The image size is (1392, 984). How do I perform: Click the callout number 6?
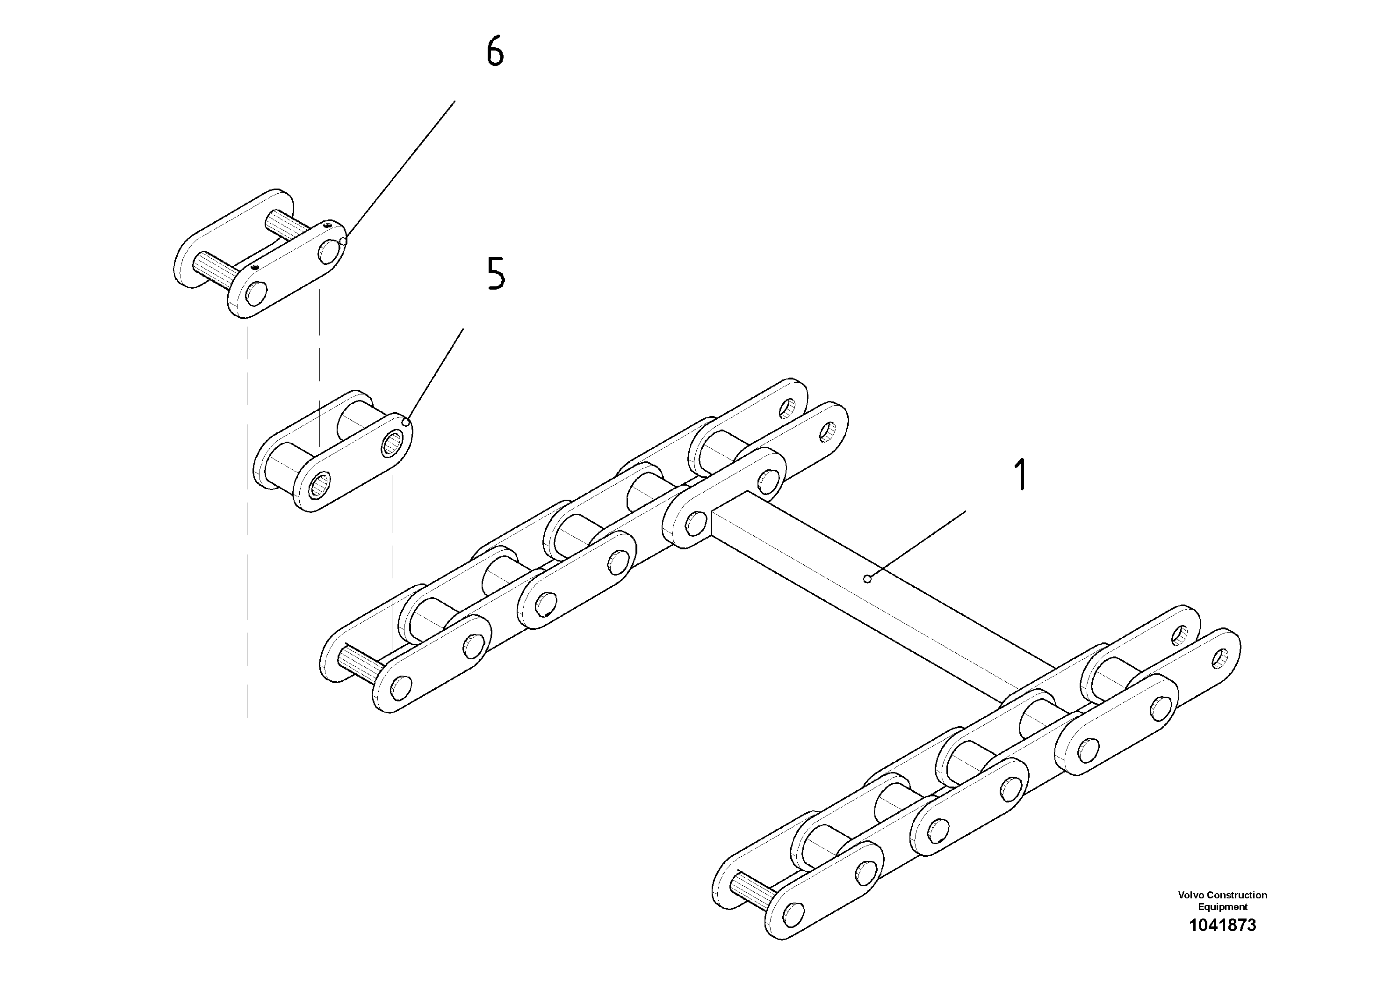tap(495, 52)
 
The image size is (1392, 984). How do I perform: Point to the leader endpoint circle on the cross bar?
tap(867, 579)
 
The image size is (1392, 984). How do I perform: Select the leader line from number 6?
tap(400, 170)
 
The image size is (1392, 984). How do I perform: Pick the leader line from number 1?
tap(916, 546)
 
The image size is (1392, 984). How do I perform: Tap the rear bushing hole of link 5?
tap(392, 444)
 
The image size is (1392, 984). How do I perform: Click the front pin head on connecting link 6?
tap(256, 294)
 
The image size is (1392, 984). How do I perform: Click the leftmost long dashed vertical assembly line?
tap(247, 522)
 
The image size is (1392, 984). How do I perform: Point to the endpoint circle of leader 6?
tap(343, 241)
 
